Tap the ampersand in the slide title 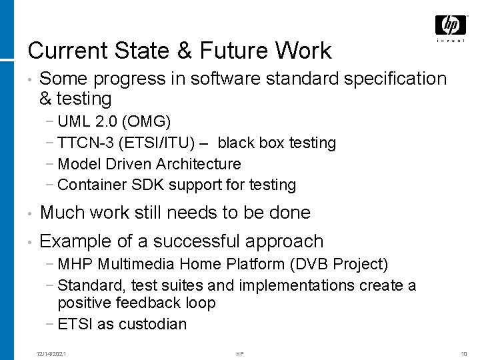pos(166,51)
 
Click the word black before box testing pos(235,143)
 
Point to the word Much pos(60,213)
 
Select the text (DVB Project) pos(339,264)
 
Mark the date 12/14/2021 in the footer pos(51,353)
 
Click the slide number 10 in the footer pos(464,353)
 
